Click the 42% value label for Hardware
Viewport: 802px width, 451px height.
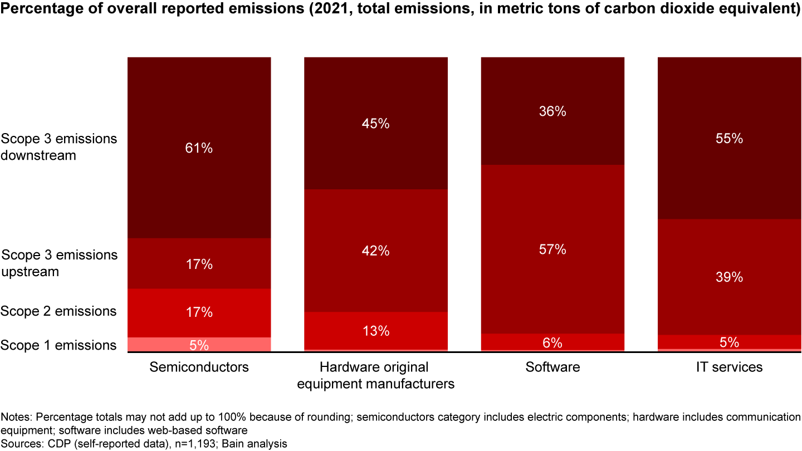click(x=375, y=251)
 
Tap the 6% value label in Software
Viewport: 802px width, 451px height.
click(x=552, y=342)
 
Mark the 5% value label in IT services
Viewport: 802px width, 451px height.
click(x=730, y=342)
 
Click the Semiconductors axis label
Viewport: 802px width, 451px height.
click(x=199, y=367)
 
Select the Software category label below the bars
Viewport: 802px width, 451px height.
click(x=552, y=367)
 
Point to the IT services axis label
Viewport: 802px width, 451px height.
click(x=730, y=367)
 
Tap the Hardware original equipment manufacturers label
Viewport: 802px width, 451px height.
click(x=375, y=375)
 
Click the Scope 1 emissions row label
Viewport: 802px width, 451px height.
click(x=58, y=345)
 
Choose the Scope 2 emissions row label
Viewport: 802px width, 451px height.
click(x=58, y=311)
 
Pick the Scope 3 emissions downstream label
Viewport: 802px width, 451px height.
click(x=58, y=146)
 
